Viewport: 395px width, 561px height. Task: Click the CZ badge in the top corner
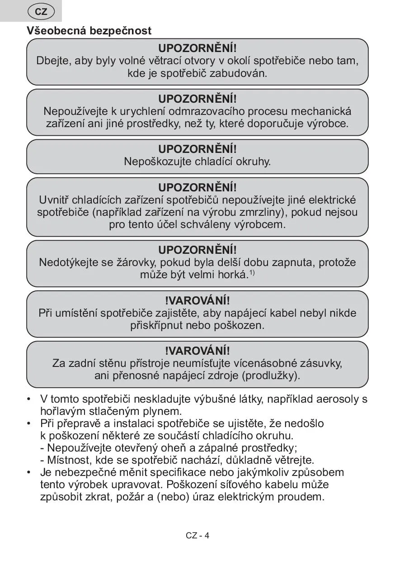click(41, 12)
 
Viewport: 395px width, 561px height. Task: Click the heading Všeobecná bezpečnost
click(89, 31)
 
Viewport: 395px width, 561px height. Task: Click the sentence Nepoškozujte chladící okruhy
click(197, 162)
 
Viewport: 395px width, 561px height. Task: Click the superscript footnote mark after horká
click(253, 272)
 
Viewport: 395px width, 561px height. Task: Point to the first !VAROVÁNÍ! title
click(197, 300)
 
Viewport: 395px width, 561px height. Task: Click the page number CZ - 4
click(197, 536)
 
